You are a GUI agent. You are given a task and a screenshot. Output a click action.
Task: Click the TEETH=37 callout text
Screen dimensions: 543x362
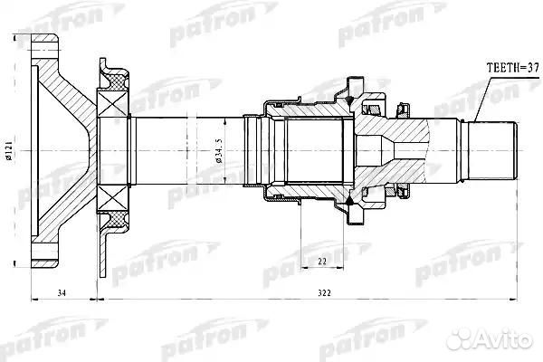pos(513,68)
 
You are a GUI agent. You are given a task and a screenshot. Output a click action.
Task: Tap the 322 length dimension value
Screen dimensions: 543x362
pos(325,293)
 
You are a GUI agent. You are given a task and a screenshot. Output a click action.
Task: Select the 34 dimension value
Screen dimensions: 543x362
pos(62,293)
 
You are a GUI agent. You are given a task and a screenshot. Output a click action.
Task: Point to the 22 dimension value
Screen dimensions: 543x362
pos(322,262)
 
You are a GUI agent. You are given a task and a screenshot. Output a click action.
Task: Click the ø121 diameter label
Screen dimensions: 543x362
pos(9,150)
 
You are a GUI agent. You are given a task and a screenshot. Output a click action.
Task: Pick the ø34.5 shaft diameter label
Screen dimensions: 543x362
pos(218,151)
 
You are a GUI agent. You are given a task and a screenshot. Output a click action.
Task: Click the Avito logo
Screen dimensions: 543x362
pos(489,338)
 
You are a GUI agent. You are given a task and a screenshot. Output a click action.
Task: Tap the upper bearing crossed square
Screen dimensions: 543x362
pos(112,103)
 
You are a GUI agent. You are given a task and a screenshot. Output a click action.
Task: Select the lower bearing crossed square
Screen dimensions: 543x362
pos(112,198)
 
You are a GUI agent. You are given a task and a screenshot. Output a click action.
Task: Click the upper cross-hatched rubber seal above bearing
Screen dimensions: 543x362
pos(117,82)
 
